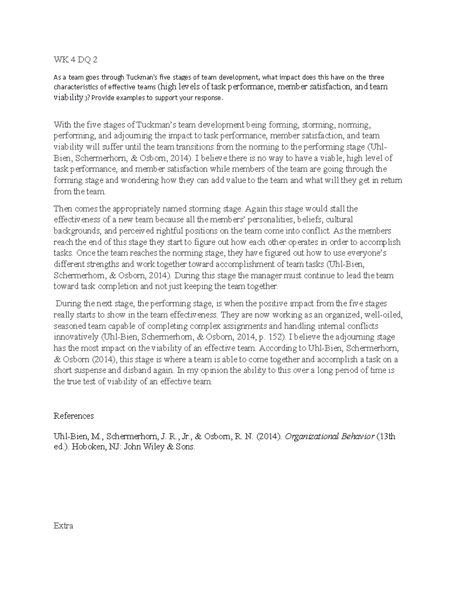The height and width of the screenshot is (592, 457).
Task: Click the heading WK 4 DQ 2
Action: (x=76, y=60)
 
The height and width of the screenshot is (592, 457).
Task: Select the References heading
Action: (x=74, y=416)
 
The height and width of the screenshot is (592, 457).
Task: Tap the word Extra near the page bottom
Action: (x=64, y=526)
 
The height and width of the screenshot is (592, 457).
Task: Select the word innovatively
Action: (x=76, y=337)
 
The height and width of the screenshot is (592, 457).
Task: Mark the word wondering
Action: (x=139, y=180)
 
